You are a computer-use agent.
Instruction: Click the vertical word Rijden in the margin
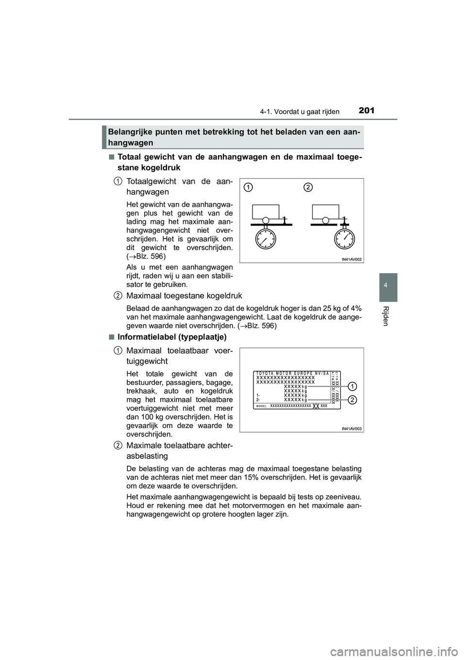[x=386, y=315]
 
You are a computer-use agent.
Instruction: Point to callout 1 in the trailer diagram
[x=248, y=187]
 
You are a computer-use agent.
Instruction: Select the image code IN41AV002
[x=349, y=260]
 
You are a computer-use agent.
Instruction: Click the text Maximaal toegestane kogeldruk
[x=184, y=295]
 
